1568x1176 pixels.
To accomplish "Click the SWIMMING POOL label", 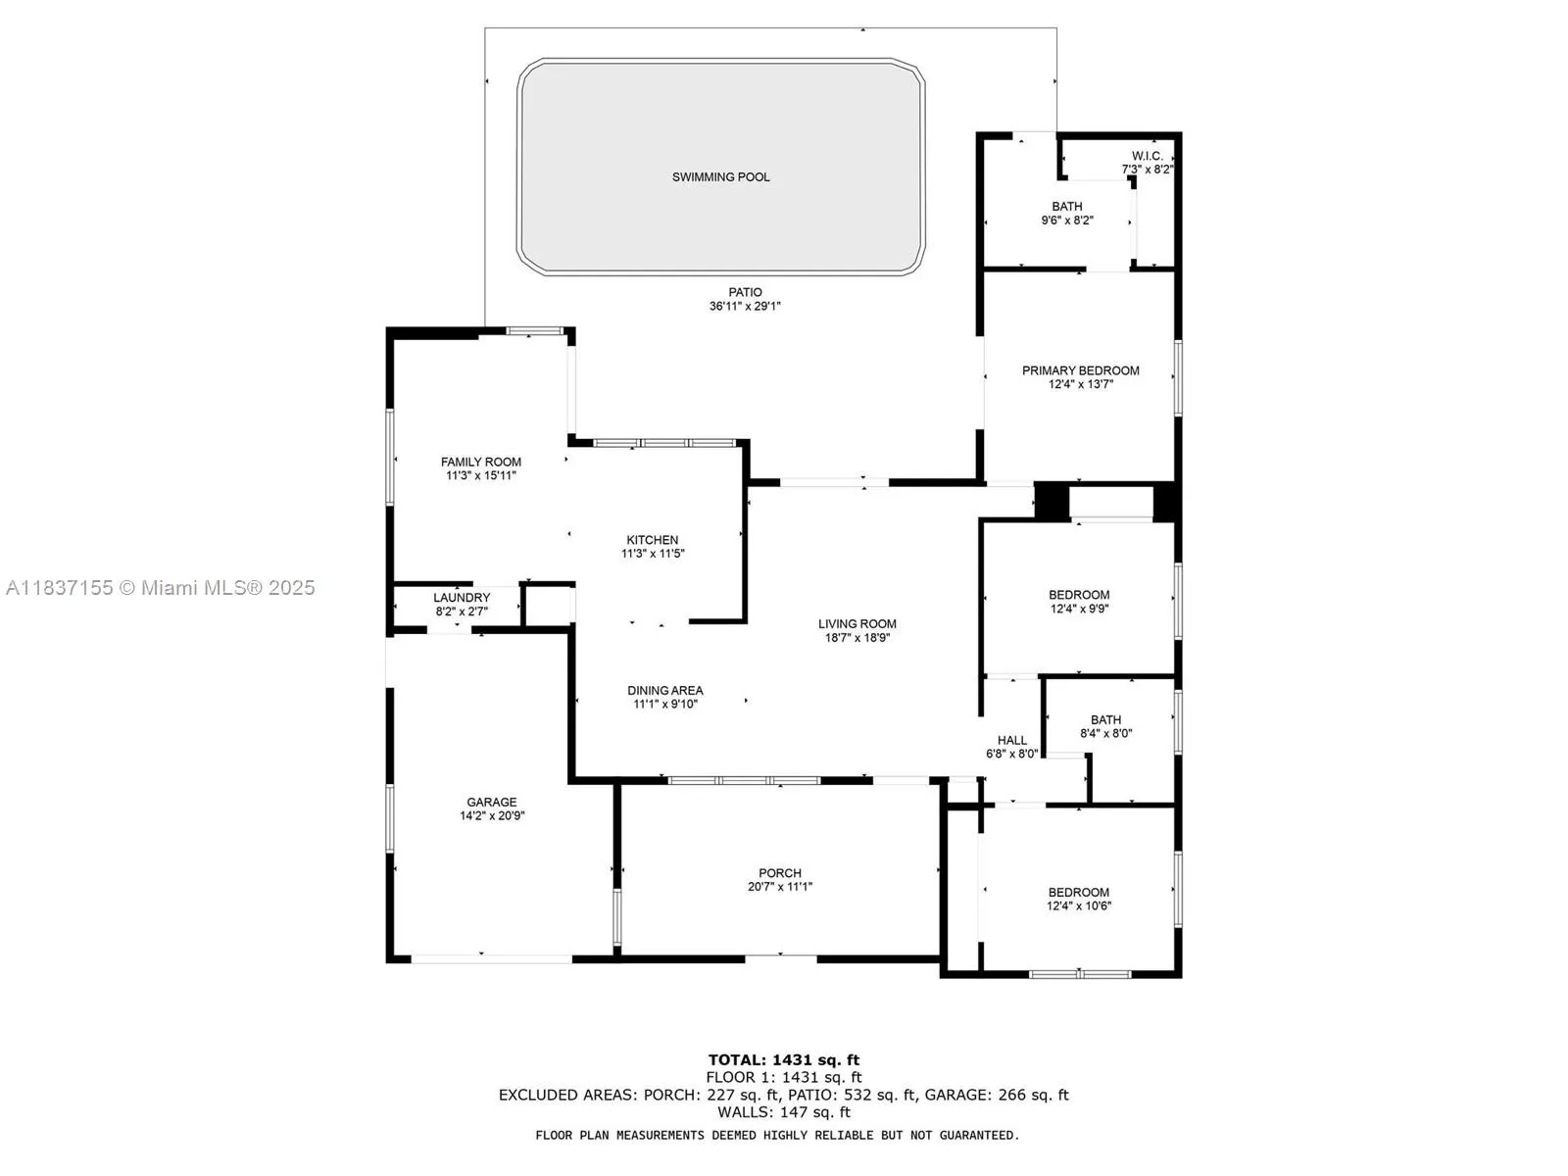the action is pos(720,177).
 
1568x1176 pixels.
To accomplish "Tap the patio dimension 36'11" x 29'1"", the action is pos(745,307).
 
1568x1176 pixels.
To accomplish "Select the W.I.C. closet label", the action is pos(1147,156).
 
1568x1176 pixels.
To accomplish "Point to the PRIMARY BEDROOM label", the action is pos(1080,370).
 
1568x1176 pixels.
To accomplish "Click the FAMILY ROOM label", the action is pos(481,462).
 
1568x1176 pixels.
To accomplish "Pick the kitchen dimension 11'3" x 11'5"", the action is pos(653,554).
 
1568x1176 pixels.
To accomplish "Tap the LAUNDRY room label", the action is pos(462,598).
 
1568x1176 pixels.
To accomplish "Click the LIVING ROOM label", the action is pos(857,624).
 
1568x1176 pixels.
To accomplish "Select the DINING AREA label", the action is pos(665,691).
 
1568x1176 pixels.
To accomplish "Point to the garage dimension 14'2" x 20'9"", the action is pos(492,815).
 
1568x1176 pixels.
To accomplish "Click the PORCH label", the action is pos(780,873).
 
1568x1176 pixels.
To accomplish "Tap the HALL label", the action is pos(1012,741).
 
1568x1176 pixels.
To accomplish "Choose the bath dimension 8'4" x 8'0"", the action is pos(1105,733).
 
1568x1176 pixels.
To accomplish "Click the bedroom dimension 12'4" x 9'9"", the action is pos(1079,609).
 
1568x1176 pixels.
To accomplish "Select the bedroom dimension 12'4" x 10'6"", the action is pos(1079,906).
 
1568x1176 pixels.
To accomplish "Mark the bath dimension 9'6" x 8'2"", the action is pos(1067,220).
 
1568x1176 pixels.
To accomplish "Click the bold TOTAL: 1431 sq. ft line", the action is pos(784,1060).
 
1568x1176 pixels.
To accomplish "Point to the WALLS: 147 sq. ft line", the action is pos(784,1111).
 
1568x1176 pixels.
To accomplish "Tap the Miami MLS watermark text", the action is pos(160,588).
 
